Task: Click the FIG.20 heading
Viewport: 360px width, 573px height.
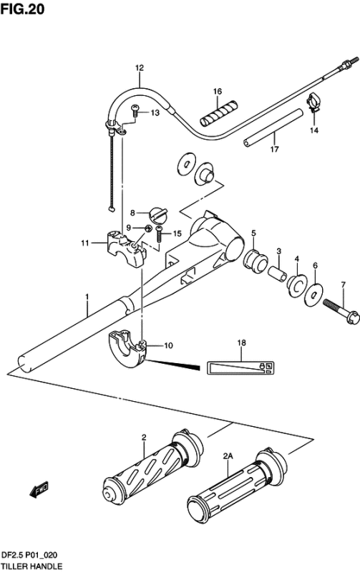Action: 22,9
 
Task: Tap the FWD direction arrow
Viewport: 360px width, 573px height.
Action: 39,490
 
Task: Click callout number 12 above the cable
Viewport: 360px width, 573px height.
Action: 140,67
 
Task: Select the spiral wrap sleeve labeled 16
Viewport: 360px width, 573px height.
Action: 219,112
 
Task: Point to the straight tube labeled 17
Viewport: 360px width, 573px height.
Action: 273,127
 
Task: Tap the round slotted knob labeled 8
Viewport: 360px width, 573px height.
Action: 157,215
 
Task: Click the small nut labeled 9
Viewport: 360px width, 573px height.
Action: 148,228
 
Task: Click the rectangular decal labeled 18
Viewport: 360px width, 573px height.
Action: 241,367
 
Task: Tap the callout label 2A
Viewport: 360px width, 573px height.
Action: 228,456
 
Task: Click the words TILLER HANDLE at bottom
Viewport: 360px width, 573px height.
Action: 31,567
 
